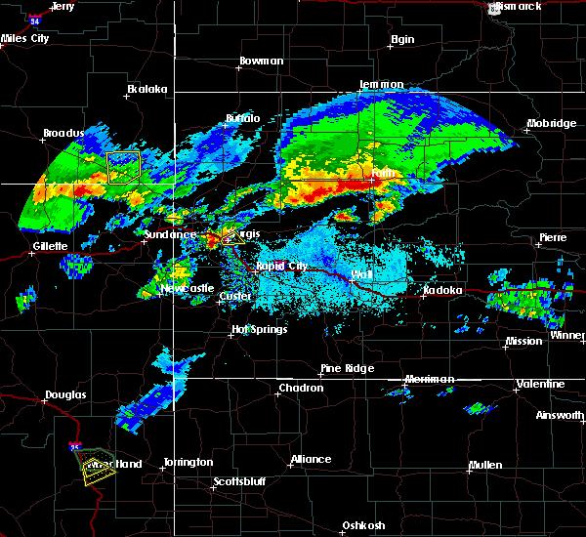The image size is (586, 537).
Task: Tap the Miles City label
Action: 25,39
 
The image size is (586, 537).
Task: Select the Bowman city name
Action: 261,62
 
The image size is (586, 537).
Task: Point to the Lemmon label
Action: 381,85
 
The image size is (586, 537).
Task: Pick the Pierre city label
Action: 553,238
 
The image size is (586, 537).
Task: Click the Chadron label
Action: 301,388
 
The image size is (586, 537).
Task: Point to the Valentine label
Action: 539,384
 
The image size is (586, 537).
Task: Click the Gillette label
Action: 50,246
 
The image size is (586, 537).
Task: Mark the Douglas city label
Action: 65,395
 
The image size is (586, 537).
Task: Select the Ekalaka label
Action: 146,89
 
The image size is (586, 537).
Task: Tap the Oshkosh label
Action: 362,525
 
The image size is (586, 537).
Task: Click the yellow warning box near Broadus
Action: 123,167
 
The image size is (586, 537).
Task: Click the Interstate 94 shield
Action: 35,20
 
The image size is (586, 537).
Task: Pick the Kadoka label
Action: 443,290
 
